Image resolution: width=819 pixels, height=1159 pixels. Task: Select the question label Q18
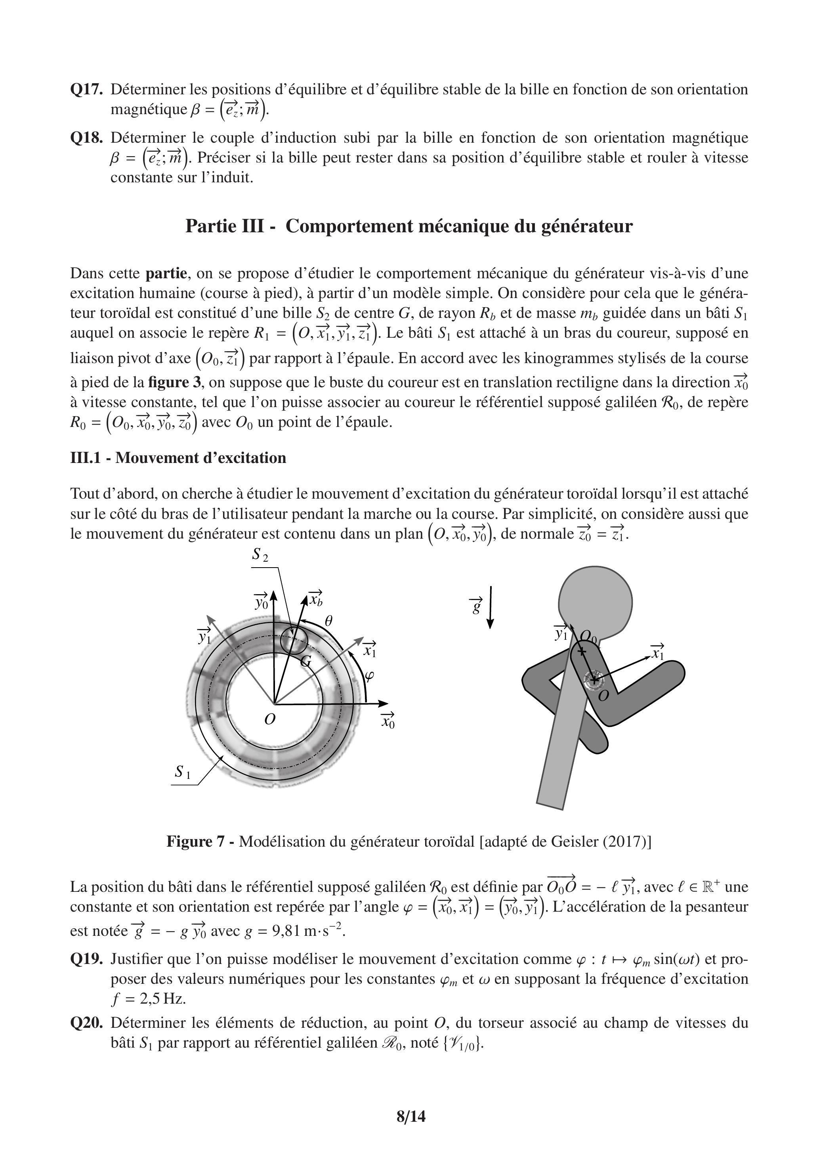click(86, 138)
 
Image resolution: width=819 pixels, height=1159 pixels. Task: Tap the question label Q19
click(86, 959)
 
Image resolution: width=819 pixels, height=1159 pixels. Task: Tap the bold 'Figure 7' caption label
click(195, 842)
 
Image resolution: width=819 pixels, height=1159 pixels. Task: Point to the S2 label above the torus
click(260, 555)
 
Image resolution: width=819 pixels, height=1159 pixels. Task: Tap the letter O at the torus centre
click(270, 719)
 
